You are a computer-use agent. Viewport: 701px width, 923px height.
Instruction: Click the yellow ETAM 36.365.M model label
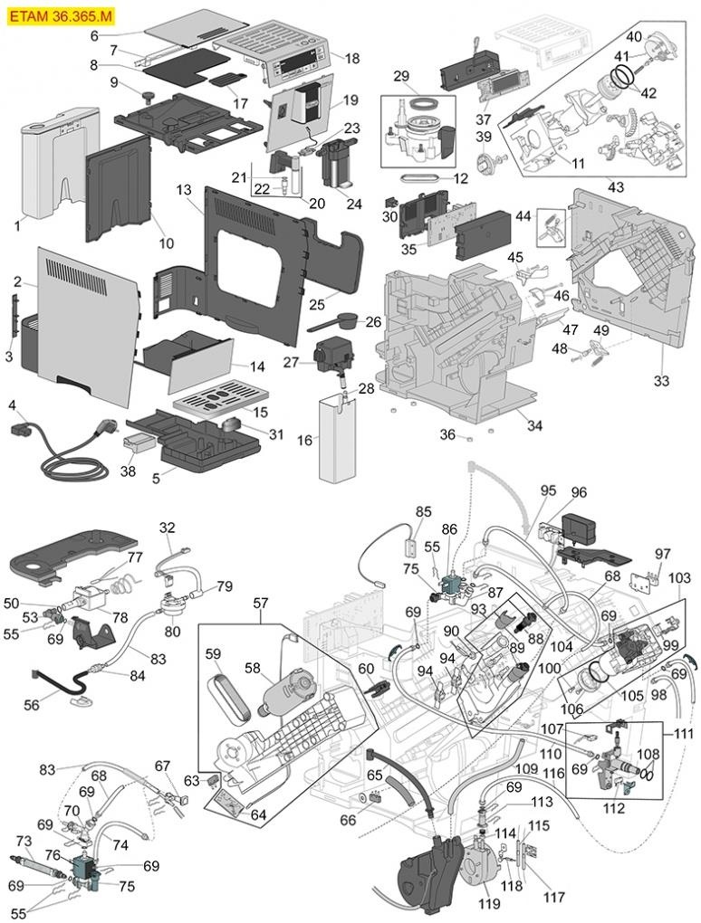click(x=62, y=15)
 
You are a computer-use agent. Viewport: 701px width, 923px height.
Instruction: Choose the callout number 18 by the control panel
click(x=351, y=58)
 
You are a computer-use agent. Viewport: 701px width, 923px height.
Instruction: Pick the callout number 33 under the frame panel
click(x=662, y=381)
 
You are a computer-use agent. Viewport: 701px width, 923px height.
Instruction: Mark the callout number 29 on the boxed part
click(x=401, y=75)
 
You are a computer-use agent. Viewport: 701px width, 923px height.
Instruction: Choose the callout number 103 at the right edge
click(x=678, y=577)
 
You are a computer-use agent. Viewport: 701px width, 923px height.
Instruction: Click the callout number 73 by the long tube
click(x=24, y=841)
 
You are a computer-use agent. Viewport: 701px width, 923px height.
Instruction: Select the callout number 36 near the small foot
click(x=447, y=434)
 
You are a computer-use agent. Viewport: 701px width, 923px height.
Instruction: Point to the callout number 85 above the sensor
click(x=424, y=511)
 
